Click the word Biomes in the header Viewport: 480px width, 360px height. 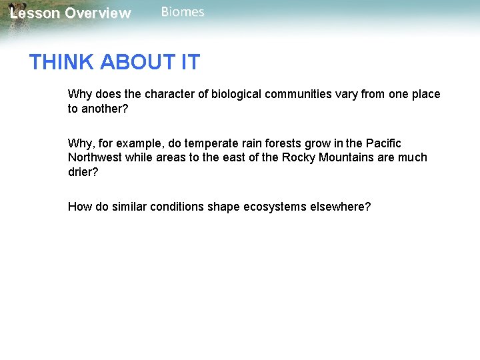183,12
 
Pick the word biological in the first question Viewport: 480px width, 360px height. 236,94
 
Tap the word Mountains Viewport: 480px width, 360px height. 348,158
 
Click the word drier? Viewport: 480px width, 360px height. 83,173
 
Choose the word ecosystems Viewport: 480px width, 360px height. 277,207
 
